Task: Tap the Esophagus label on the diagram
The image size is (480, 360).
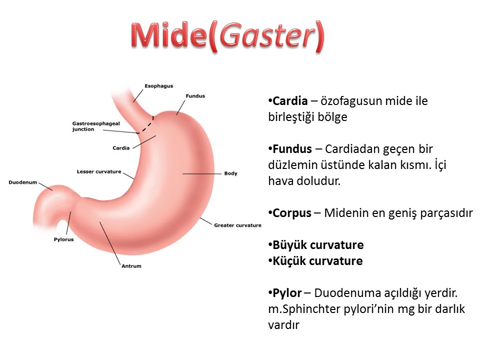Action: (159, 86)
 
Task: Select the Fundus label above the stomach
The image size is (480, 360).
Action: (195, 96)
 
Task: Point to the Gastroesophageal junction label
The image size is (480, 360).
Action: (96, 126)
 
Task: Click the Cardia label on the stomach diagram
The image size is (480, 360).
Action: (121, 148)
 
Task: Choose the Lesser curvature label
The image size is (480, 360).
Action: (99, 171)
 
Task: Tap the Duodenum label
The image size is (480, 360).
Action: (22, 182)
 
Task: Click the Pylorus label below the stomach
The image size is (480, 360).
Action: (63, 239)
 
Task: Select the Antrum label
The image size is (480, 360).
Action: (131, 266)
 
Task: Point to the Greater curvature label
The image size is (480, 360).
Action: (238, 225)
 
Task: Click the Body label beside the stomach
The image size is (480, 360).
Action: (231, 173)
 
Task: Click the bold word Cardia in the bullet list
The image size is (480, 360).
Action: (290, 100)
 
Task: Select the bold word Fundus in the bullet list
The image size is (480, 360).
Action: (292, 149)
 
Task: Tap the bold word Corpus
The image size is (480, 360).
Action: (291, 213)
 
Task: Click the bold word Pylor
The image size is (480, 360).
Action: (287, 293)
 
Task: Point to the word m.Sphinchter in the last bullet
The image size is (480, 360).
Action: (304, 309)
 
